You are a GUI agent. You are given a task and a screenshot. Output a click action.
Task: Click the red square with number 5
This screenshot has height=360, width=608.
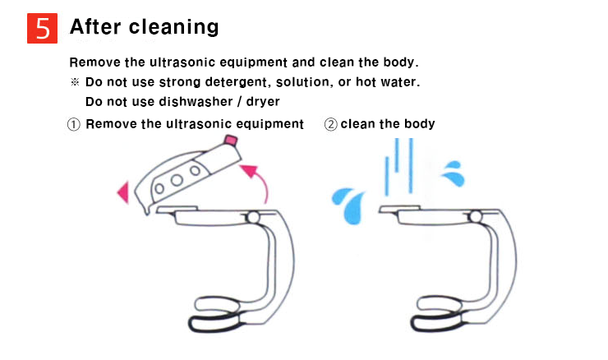(42, 28)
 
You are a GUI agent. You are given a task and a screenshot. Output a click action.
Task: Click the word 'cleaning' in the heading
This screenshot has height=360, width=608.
(173, 28)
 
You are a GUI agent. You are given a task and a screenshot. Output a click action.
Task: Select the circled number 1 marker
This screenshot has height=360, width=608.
(74, 125)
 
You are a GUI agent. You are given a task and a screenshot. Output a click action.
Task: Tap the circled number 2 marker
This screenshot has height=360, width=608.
(331, 125)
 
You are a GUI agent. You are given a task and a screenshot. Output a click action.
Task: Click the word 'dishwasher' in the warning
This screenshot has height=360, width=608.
(196, 102)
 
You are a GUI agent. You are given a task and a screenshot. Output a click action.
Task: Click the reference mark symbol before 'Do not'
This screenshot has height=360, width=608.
(75, 82)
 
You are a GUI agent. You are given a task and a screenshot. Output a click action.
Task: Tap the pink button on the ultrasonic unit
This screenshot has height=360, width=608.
(231, 140)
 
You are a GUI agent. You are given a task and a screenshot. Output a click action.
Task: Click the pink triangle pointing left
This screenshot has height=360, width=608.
(123, 192)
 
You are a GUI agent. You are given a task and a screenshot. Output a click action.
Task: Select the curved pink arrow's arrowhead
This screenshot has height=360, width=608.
(249, 170)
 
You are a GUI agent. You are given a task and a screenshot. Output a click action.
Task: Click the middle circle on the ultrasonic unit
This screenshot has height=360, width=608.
(177, 180)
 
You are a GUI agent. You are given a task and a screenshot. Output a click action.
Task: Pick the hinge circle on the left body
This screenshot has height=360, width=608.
(253, 217)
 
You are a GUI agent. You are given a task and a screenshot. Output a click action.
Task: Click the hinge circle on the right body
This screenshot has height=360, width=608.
(476, 216)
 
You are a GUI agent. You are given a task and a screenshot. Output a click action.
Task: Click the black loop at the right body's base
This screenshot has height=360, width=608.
(438, 323)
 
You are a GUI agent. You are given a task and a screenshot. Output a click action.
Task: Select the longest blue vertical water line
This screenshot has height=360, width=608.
(411, 165)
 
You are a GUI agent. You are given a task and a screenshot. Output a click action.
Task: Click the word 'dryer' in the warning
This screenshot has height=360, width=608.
(263, 102)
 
